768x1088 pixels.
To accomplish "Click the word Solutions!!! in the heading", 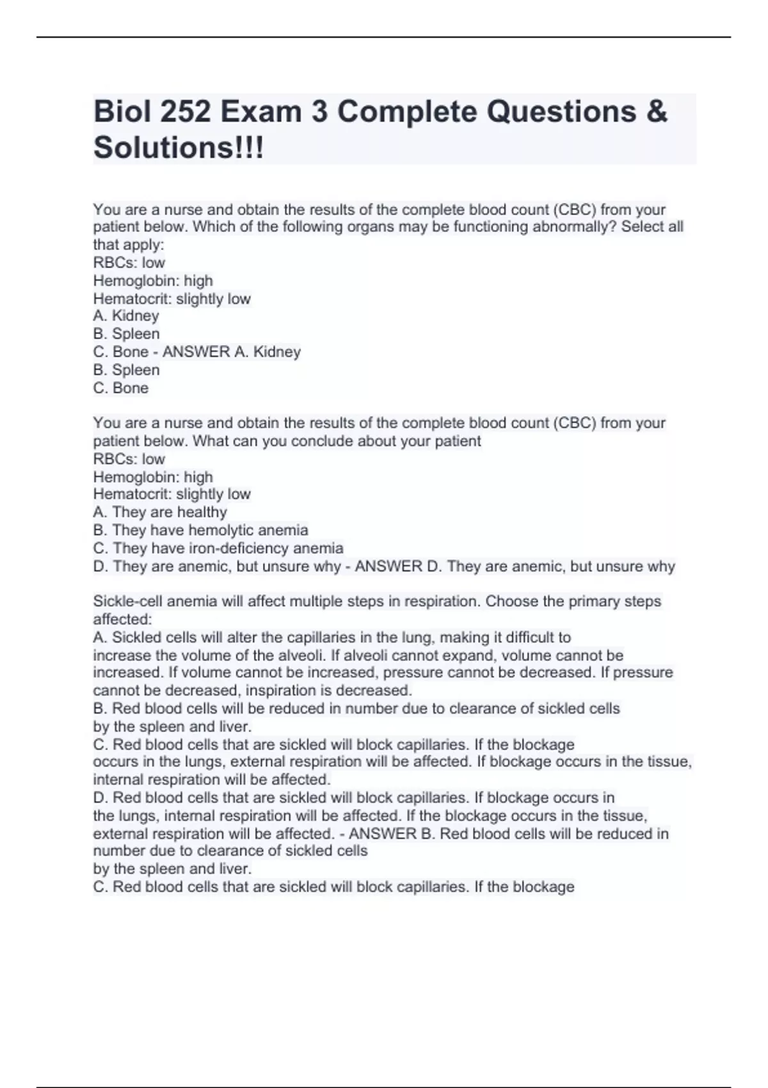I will click(178, 148).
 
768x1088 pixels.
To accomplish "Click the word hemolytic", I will click(222, 530).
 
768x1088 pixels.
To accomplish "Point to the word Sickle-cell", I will click(129, 601).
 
